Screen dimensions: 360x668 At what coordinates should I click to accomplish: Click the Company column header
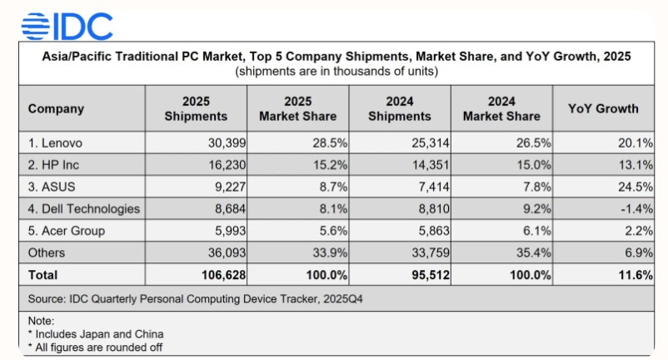[56, 108]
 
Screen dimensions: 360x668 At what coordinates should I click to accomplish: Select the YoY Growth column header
[603, 108]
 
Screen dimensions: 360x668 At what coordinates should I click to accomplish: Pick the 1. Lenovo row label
[56, 143]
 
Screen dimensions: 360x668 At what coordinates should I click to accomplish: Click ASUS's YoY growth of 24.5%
[632, 187]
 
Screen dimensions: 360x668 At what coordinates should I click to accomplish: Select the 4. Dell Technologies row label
[84, 208]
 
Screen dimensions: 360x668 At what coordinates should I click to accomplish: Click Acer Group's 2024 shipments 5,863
[428, 231]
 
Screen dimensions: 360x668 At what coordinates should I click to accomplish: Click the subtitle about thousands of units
[336, 71]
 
